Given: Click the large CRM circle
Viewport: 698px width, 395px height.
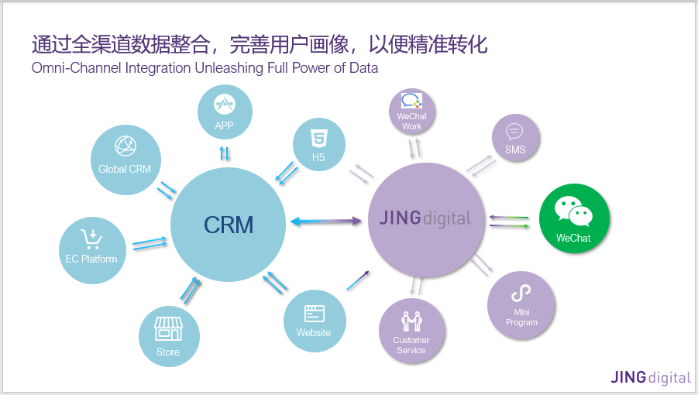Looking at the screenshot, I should click(x=229, y=224).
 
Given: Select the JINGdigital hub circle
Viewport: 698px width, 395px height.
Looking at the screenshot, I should click(x=425, y=219).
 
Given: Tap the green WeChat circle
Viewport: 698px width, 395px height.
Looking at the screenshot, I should click(x=573, y=219).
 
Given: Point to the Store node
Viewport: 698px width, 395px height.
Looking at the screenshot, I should click(x=168, y=336).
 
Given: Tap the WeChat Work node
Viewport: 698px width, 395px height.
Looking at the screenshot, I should click(x=412, y=112).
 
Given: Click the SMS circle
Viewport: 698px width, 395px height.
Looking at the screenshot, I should click(x=515, y=139).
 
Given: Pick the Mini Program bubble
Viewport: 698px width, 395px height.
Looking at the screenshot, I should click(x=521, y=304).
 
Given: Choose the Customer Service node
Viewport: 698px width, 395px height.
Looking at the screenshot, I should click(x=411, y=331).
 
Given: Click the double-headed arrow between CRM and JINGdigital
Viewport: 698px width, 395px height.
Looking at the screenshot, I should click(x=325, y=222).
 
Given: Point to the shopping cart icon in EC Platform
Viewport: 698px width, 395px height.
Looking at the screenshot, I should click(x=91, y=237).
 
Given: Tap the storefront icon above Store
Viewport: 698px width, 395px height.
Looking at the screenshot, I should click(x=168, y=328).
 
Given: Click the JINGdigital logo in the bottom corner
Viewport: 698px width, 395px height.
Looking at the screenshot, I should click(x=650, y=378).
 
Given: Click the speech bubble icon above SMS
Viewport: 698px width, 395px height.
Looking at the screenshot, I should click(x=514, y=131).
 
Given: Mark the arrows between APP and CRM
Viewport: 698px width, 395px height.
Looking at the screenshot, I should click(x=225, y=153).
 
